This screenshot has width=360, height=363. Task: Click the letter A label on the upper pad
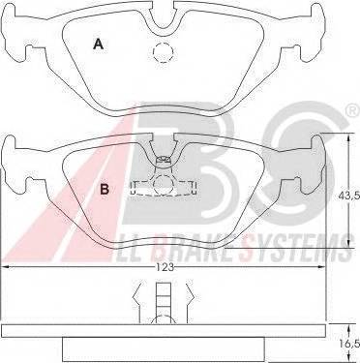[x=98, y=44]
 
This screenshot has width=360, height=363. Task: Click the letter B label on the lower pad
[x=105, y=189]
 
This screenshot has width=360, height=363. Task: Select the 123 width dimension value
[x=165, y=267]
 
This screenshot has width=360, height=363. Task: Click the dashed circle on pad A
[x=164, y=52]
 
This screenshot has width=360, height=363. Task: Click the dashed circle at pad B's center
[x=164, y=185]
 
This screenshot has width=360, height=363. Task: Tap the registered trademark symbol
[x=352, y=111]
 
